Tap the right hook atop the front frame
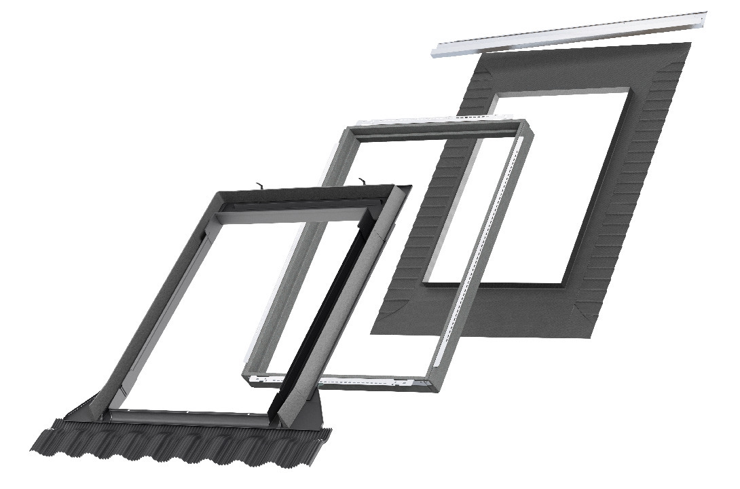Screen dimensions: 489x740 coord(364,181)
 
